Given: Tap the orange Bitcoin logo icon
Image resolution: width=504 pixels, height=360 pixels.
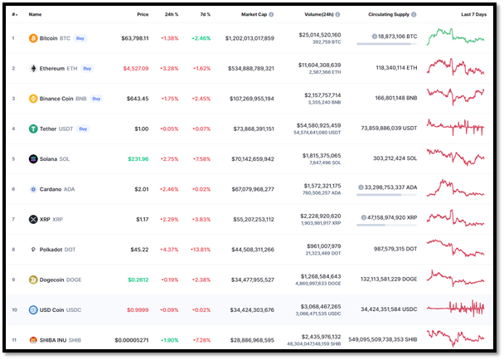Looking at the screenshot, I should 33,38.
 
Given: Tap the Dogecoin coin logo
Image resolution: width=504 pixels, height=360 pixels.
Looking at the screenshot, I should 33,280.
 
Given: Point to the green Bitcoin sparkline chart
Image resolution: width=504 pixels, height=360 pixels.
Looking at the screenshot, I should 456,38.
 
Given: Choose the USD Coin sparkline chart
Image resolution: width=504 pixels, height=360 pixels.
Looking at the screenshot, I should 456,309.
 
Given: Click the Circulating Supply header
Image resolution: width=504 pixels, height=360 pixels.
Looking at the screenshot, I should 389,14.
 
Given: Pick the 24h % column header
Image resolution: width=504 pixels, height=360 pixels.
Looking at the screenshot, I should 172,14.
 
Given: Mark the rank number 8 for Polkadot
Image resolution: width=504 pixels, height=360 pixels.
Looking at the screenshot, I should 12,249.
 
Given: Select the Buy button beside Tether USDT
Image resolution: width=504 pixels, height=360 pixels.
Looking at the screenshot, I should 83,129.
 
